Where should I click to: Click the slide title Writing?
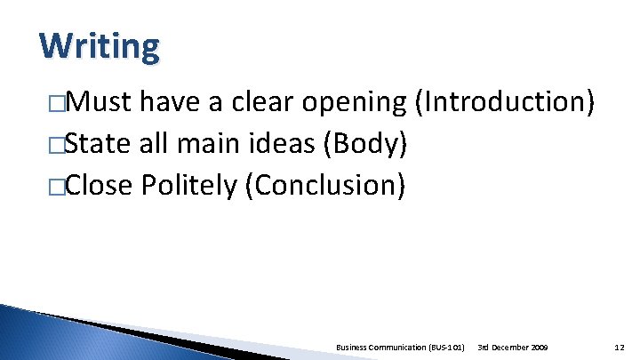pos(100,45)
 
